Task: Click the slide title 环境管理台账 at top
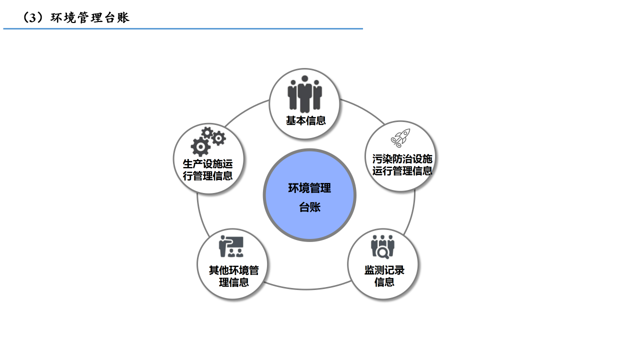tap(90, 18)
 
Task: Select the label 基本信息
tap(305, 120)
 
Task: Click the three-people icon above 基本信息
tap(304, 94)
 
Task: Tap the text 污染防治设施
tap(402, 159)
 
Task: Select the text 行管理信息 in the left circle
tap(207, 175)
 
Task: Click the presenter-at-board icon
tap(230, 246)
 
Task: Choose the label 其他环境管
tap(233, 270)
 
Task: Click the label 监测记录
tap(384, 270)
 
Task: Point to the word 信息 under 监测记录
tap(384, 282)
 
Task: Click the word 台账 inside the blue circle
tap(309, 207)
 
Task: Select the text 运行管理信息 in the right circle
tap(402, 171)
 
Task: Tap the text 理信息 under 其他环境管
tap(233, 282)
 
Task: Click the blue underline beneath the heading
tap(183, 29)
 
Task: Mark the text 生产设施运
tap(207, 163)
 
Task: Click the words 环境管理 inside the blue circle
tap(309, 188)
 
